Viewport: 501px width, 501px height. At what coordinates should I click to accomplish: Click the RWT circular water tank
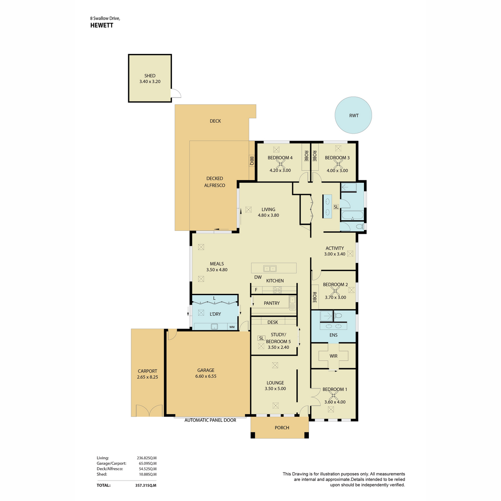pos(353,115)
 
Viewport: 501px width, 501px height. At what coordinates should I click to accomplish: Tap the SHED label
pos(150,76)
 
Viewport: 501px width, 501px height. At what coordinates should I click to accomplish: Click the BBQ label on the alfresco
pos(251,161)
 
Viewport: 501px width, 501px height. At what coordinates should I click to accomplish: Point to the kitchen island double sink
pos(270,268)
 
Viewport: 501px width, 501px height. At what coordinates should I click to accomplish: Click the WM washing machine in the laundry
pos(232,327)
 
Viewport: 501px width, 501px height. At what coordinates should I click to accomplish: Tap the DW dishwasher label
pos(258,277)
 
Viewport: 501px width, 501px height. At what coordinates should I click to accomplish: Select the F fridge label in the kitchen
pos(256,290)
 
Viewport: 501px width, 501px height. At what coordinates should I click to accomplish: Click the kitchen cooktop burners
pos(277,290)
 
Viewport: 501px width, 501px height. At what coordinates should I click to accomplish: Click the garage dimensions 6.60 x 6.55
pos(206,376)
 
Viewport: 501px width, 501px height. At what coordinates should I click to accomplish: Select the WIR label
pos(333,356)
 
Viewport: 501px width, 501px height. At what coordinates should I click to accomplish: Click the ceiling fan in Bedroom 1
pos(333,396)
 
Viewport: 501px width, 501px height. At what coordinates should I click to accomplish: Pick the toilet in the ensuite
pos(338,316)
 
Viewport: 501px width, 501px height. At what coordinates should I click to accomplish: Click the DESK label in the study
pos(273,322)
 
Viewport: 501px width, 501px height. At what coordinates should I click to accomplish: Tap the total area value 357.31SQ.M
pos(146,485)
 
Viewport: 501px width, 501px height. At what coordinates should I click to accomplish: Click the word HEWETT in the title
pos(101,25)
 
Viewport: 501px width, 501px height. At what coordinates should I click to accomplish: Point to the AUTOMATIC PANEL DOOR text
pos(210,420)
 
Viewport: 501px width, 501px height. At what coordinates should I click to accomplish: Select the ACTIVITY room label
pos(334,248)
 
